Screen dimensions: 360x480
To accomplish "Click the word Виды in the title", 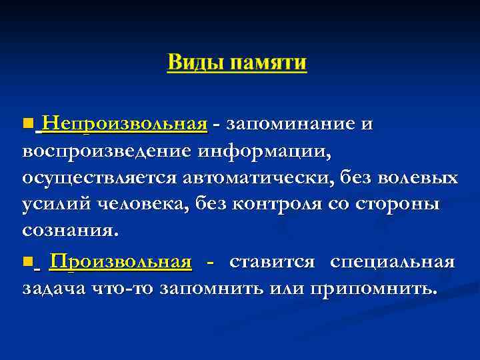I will click(195, 63).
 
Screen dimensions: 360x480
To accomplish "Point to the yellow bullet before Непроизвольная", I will click(27, 124).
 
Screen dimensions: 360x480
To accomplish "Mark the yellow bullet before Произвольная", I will click(27, 263).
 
